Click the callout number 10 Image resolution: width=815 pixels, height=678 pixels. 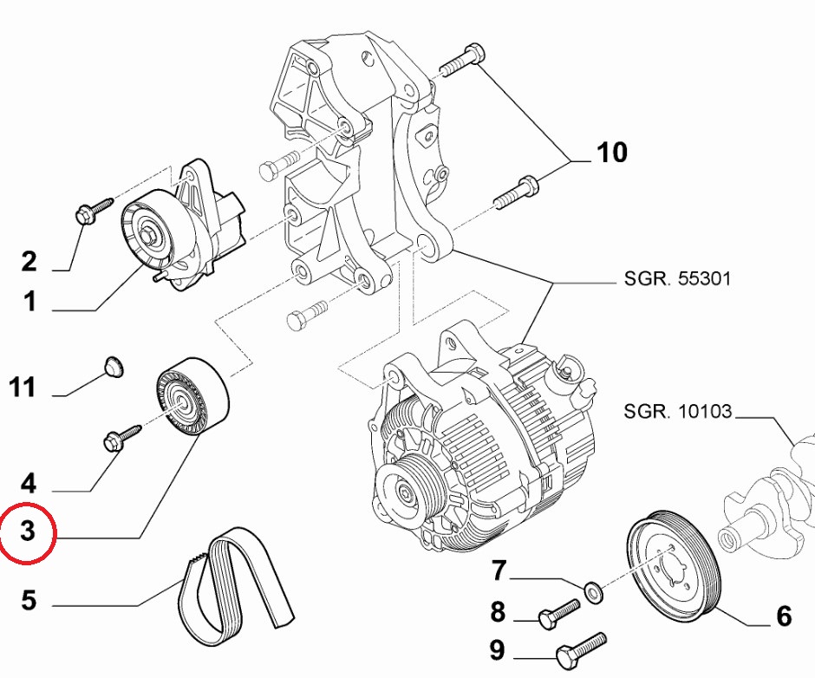pos(611,153)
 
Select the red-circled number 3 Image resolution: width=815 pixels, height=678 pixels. pos(28,531)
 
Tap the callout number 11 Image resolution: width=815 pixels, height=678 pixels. pos(23,388)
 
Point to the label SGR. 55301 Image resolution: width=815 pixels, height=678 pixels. pos(677,279)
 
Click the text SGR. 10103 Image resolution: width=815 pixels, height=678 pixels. pos(677,411)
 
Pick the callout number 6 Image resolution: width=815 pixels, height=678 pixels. pos(783,616)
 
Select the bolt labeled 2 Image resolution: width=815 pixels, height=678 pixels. pos(94,209)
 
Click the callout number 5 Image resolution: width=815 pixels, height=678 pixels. pos(29,599)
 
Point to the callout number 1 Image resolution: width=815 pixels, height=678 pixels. pos(29,302)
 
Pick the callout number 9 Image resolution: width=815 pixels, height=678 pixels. pos(497,649)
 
